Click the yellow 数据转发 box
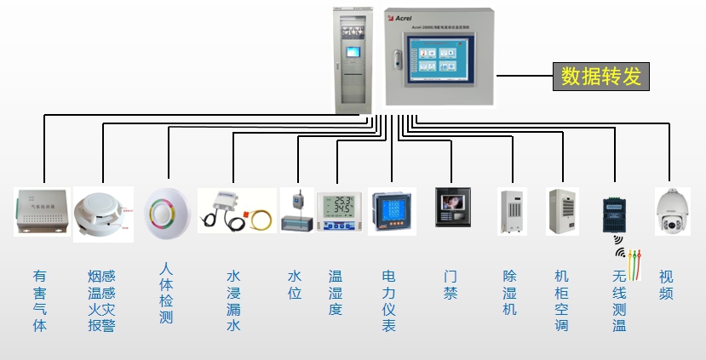[600, 76]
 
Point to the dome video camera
[671, 211]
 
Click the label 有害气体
[40, 300]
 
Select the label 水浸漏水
[233, 300]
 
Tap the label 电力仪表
[388, 300]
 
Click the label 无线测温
[619, 300]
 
